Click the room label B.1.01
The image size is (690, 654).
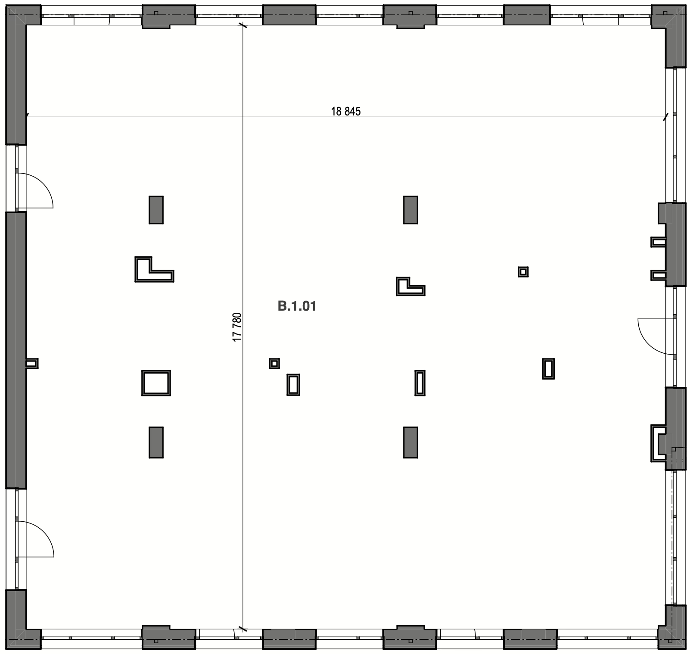tap(297, 306)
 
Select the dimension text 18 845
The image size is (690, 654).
tap(345, 111)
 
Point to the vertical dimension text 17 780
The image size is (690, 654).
tap(237, 327)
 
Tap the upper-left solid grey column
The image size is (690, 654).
tap(156, 210)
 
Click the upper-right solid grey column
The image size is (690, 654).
tap(410, 210)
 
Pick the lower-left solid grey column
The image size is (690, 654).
tap(156, 442)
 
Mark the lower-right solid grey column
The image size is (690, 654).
tap(410, 442)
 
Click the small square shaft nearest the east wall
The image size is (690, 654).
tap(523, 272)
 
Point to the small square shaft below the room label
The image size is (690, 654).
tap(274, 364)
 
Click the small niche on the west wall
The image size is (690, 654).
tap(32, 364)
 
